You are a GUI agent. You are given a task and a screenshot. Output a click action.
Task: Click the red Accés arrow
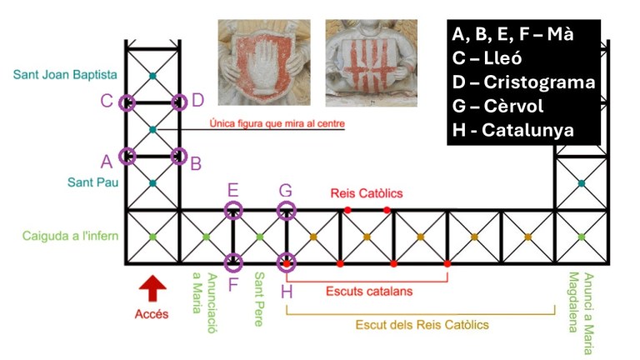pos(152,289)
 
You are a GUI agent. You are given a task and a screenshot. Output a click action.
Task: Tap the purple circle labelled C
pos(127,102)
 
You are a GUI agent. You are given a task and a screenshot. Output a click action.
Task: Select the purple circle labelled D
pos(178,102)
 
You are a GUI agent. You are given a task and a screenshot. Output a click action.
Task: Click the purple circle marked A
pos(127,155)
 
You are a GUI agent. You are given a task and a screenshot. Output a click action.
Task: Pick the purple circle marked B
pos(178,155)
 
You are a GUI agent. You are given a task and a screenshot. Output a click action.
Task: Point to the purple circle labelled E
pos(233,210)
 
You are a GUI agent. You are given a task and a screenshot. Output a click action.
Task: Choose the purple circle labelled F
pos(233,263)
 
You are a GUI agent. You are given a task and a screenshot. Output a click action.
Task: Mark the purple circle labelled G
pos(286,210)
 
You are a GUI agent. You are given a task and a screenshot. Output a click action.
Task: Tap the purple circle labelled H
pos(286,263)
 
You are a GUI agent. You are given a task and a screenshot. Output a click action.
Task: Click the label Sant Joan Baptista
pos(65,75)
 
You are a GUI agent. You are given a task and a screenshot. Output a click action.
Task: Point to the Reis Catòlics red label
pos(367,193)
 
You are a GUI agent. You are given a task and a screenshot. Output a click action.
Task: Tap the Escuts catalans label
pos(369,292)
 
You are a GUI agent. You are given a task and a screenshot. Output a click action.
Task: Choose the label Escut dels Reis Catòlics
pos(422,324)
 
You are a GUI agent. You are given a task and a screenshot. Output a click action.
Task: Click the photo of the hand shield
pos(263,63)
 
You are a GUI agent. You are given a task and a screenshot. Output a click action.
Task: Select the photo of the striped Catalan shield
pos(371,63)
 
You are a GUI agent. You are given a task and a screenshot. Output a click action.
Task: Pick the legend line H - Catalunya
pos(523,130)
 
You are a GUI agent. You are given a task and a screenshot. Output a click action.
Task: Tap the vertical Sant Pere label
pos(260,299)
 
